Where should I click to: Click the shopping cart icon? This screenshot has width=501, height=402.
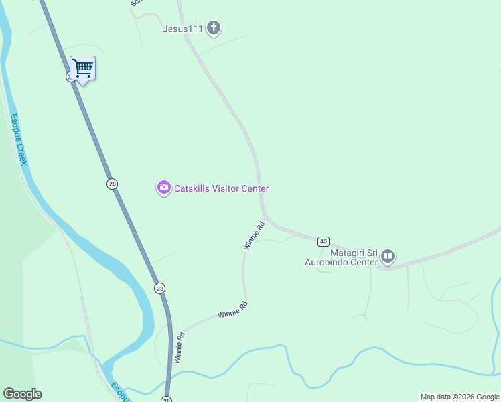(x=82, y=68)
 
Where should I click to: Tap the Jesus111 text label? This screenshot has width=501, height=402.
(x=182, y=29)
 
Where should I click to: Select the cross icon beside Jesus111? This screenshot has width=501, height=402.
(x=214, y=28)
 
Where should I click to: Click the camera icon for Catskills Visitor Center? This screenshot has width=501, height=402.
(x=163, y=188)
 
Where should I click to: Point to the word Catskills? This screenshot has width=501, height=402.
(x=192, y=188)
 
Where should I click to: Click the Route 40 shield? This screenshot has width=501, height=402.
(x=324, y=241)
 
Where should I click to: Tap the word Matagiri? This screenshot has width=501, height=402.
(x=348, y=253)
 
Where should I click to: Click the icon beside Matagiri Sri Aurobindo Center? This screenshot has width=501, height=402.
(x=388, y=257)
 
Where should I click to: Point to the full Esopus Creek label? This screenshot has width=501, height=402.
(x=18, y=139)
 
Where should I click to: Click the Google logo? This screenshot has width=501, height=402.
(x=22, y=394)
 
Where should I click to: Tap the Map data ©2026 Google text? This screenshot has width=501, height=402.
(x=459, y=397)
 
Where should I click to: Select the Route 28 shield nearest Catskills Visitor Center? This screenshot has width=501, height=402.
(x=112, y=184)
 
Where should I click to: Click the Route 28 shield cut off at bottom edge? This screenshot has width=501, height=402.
(x=166, y=399)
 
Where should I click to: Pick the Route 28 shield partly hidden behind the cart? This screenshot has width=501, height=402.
(x=70, y=77)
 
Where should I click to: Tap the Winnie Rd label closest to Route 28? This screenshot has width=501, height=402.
(x=179, y=347)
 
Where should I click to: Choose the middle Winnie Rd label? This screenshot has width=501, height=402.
(x=232, y=309)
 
